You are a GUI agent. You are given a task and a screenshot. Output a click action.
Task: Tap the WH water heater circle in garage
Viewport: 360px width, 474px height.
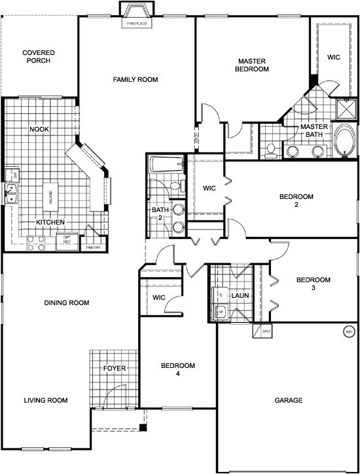pos(348,332)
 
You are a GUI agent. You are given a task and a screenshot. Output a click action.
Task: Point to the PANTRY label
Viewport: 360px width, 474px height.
pos(93,247)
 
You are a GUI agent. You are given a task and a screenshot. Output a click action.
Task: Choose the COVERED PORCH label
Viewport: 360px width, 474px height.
pos(38,57)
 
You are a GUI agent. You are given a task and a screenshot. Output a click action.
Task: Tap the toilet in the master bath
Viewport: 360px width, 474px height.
pos(270,150)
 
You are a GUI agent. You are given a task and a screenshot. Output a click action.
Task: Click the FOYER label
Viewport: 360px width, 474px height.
pos(114,369)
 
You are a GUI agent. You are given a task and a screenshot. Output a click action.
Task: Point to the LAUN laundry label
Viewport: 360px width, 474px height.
pos(238,296)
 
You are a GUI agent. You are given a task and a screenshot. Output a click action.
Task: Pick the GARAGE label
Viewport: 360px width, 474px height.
pos(288,400)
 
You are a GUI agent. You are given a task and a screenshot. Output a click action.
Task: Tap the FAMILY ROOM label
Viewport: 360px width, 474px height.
pos(135,80)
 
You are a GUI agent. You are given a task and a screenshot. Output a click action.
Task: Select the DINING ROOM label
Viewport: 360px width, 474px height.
pos(67,302)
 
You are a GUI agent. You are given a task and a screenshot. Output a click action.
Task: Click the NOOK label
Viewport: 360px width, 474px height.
pos(39,130)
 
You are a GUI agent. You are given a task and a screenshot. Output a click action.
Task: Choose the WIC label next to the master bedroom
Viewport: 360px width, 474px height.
pos(333,57)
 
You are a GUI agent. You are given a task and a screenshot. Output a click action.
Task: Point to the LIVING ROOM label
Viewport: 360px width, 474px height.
pos(46,400)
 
